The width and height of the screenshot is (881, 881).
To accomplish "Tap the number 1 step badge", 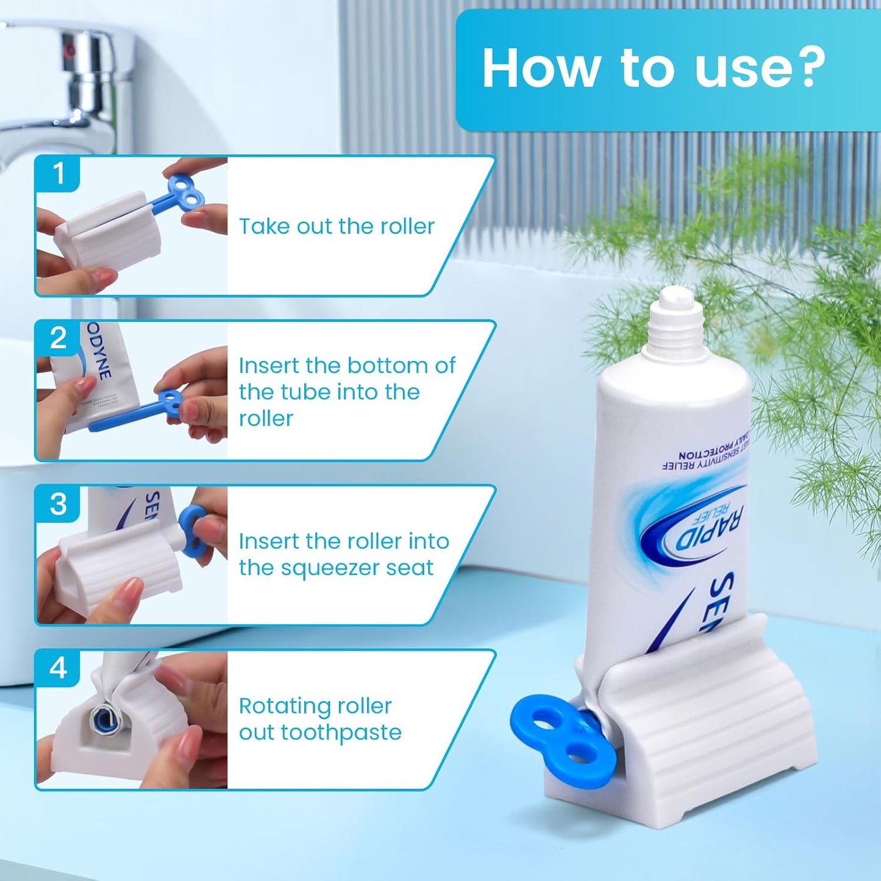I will pyautogui.click(x=58, y=173).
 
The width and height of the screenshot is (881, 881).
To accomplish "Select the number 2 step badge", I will pyautogui.click(x=58, y=338).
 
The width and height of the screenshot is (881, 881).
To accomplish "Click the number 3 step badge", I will pyautogui.click(x=58, y=504).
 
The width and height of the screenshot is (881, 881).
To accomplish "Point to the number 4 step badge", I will pyautogui.click(x=58, y=668).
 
